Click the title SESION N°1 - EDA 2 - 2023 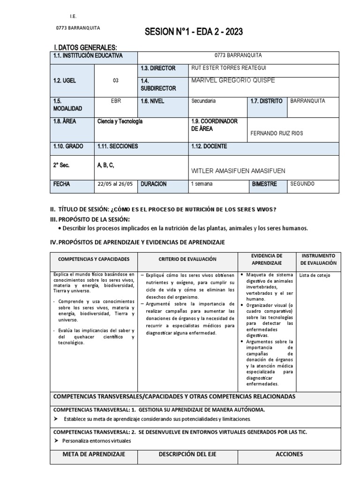[x=194, y=32]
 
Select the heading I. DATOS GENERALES [x=85, y=48]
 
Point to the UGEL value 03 [x=115, y=81]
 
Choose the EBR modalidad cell [x=115, y=100]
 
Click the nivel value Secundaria [x=203, y=100]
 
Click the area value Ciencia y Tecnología [x=120, y=121]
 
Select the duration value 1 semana [x=202, y=184]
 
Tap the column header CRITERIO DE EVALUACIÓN [x=187, y=259]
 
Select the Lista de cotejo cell [x=315, y=275]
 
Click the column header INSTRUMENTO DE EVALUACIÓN [x=319, y=259]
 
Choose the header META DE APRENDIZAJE [x=94, y=454]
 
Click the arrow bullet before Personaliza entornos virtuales [x=57, y=441]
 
